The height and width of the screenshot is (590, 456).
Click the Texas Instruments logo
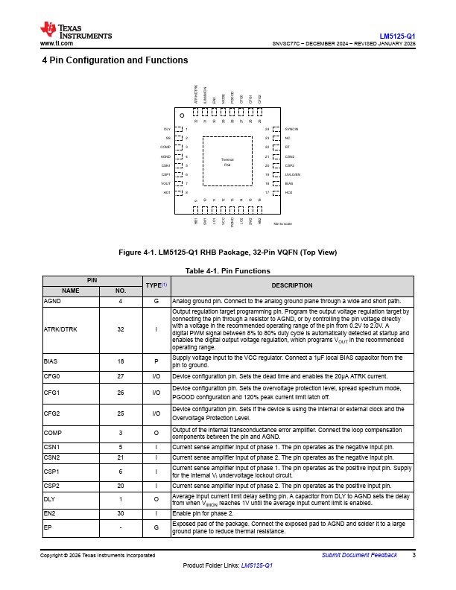pyautogui.click(x=75, y=31)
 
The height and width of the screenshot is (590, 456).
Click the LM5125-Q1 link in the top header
pyautogui.click(x=397, y=36)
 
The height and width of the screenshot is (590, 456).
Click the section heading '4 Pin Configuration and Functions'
pyautogui.click(x=115, y=60)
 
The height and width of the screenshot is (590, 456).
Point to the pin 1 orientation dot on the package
pyautogui.click(x=182, y=115)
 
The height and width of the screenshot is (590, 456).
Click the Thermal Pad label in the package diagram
pyautogui.click(x=227, y=162)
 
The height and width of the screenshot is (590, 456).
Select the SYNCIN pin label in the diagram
pyautogui.click(x=292, y=130)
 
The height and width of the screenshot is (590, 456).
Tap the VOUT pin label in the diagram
pyautogui.click(x=165, y=183)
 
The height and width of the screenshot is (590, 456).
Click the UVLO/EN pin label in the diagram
pyautogui.click(x=294, y=174)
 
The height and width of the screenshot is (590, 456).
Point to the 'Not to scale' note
pyautogui.click(x=283, y=223)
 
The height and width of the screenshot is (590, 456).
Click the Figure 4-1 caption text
pyautogui.click(x=227, y=253)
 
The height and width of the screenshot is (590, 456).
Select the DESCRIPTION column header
pyautogui.click(x=291, y=285)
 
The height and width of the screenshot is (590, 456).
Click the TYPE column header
pyautogui.click(x=156, y=285)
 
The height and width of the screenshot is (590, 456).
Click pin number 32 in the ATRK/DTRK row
pyautogui.click(x=120, y=329)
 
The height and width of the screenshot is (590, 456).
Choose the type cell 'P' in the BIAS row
pyautogui.click(x=156, y=361)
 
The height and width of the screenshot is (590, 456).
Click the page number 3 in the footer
pyautogui.click(x=414, y=555)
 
